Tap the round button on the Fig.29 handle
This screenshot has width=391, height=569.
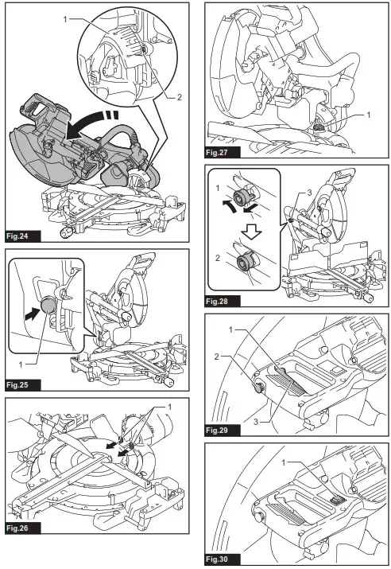click(x=259, y=388)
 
